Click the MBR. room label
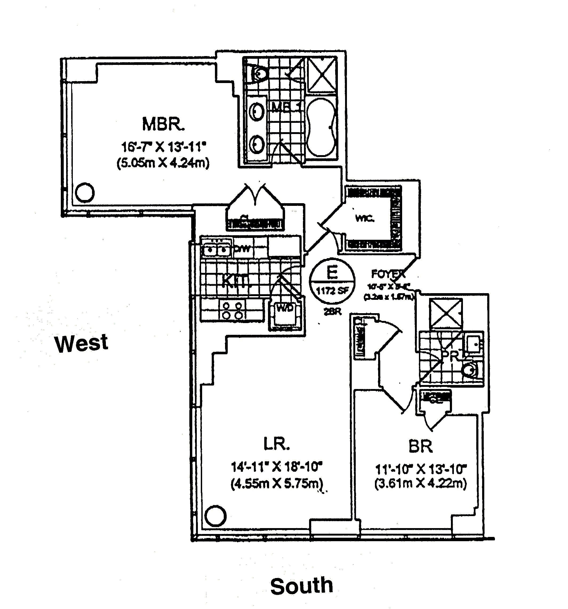tap(163, 124)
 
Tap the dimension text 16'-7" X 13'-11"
tap(163, 147)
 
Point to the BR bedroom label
tap(421, 446)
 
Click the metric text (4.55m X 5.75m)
tap(276, 484)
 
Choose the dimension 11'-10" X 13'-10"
tap(421, 469)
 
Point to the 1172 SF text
tap(332, 290)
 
